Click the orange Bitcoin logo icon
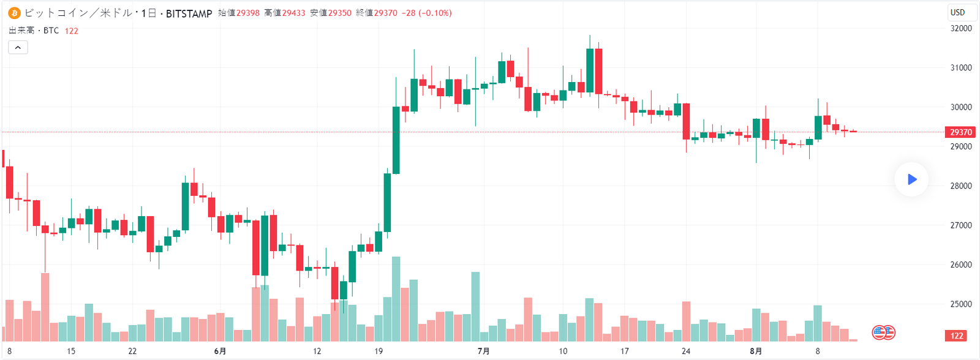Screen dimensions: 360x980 14,13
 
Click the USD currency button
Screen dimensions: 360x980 957,12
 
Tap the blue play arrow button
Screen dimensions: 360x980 911,179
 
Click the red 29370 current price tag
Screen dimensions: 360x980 960,132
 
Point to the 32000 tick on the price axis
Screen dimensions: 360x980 960,28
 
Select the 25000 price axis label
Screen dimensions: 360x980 960,304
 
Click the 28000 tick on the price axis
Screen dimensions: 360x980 960,186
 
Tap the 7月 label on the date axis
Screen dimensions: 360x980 483,351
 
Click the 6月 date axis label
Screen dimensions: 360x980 220,351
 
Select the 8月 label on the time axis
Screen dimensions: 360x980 756,351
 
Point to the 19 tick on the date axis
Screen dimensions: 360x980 379,351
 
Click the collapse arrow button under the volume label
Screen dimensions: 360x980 18,47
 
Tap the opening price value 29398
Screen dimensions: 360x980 247,13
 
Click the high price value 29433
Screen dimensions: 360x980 293,13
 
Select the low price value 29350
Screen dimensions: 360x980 339,13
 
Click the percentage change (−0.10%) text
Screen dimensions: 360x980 435,13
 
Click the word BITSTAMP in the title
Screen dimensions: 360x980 189,13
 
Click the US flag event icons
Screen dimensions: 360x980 884,332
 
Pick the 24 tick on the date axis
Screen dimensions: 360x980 686,351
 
